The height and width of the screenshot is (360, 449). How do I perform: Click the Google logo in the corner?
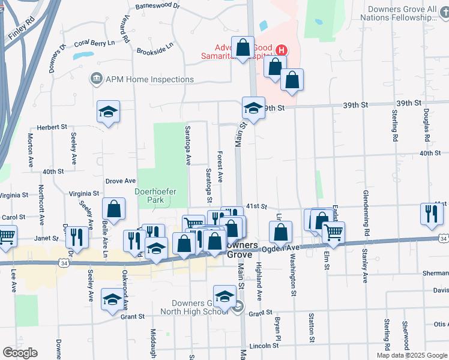(x=20, y=353)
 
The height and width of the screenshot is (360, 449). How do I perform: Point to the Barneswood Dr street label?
(x=158, y=5)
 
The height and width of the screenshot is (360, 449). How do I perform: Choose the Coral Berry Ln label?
(x=94, y=44)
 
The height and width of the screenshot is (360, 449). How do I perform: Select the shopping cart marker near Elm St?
(x=333, y=232)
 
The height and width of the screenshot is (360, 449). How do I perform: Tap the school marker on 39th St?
(x=253, y=109)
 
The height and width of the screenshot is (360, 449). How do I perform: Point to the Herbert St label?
(x=52, y=127)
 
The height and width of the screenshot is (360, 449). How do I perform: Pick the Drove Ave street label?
(x=120, y=181)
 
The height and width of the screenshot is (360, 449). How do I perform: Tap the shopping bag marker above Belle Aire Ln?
(x=113, y=209)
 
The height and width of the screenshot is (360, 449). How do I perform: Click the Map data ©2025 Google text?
(x=411, y=355)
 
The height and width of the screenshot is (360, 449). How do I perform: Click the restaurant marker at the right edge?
(x=431, y=214)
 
